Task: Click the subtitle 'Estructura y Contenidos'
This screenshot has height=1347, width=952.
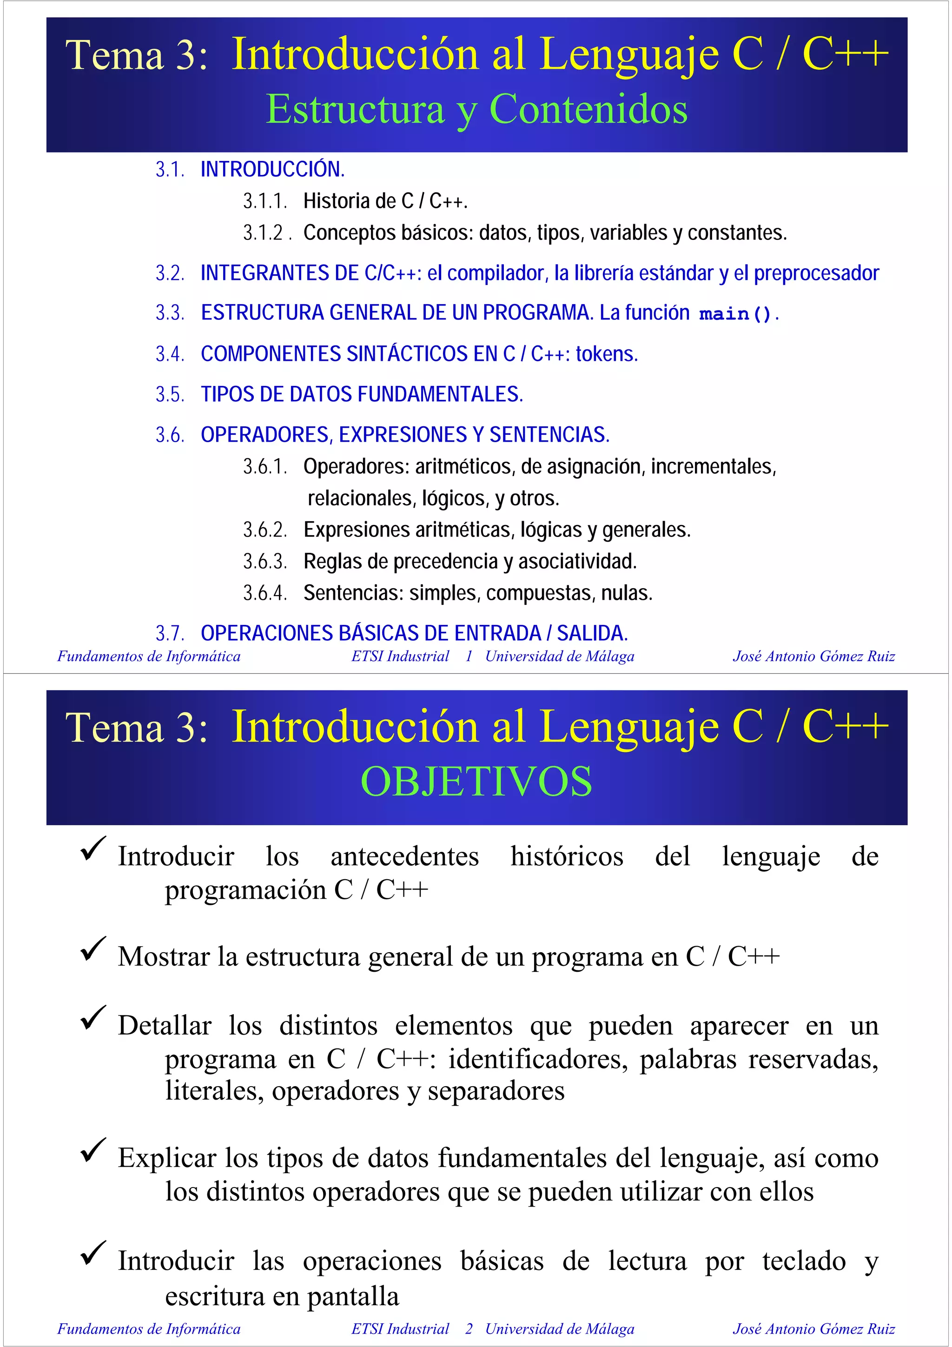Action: coord(476,109)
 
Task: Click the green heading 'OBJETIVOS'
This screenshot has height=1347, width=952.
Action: coord(476,782)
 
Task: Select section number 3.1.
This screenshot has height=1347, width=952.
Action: coord(170,170)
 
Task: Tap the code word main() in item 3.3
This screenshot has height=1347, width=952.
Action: coord(735,314)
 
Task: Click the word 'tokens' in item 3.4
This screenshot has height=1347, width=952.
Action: coord(606,354)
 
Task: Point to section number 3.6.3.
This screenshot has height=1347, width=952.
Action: coord(264,562)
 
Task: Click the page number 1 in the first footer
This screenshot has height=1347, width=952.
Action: coord(469,657)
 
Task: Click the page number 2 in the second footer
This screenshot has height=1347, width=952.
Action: coord(469,1329)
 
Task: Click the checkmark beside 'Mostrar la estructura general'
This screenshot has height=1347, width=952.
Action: coord(93,949)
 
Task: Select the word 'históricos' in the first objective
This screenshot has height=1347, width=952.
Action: coord(567,856)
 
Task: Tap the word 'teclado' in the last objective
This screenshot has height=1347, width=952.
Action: coord(804,1261)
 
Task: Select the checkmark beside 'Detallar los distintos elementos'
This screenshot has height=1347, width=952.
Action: coord(93,1017)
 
